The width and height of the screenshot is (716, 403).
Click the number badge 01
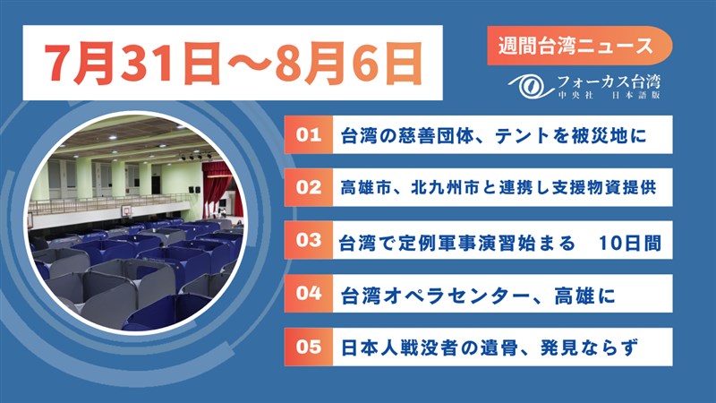pyautogui.click(x=309, y=135)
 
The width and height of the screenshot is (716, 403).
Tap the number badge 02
pyautogui.click(x=309, y=187)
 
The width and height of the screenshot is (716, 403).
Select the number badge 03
pyautogui.click(x=309, y=240)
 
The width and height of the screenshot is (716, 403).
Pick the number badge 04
pyautogui.click(x=309, y=294)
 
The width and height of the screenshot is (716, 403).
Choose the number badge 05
pyautogui.click(x=309, y=347)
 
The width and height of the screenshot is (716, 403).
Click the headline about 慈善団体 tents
pyautogui.click(x=494, y=136)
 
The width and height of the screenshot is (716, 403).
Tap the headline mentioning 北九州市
pyautogui.click(x=499, y=188)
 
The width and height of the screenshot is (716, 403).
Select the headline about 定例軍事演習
pyautogui.click(x=499, y=243)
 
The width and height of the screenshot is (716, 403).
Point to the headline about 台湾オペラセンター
pyautogui.click(x=478, y=296)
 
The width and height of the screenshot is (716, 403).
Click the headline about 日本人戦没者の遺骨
pyautogui.click(x=489, y=348)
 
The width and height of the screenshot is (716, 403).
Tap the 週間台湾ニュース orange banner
pyautogui.click(x=579, y=46)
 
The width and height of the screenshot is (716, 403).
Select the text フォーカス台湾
pyautogui.click(x=609, y=82)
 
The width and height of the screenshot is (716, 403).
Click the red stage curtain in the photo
pyautogui.click(x=217, y=186)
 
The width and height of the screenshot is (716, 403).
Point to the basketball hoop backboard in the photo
pyautogui.click(x=127, y=210)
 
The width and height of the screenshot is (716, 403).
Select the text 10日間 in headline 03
pyautogui.click(x=630, y=243)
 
